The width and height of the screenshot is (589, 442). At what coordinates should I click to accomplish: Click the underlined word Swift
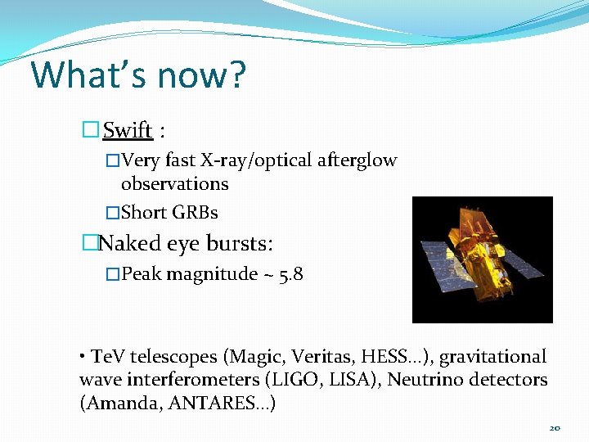(128, 130)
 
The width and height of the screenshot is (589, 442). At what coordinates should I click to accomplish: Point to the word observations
(174, 184)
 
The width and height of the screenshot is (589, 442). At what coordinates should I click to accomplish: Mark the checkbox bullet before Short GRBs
(113, 213)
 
